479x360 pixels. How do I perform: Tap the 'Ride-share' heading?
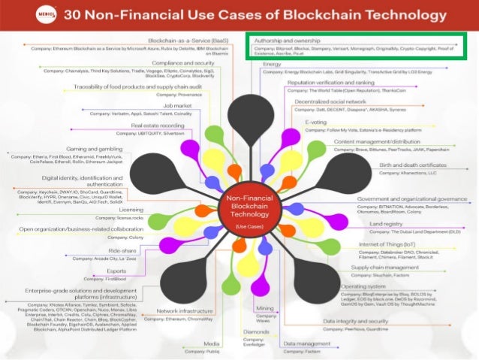(122, 250)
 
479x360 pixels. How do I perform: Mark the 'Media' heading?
(211, 343)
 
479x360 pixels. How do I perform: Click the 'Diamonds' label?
(255, 330)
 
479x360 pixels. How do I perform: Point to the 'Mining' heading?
(264, 308)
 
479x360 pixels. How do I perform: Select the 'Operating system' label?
(363, 286)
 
